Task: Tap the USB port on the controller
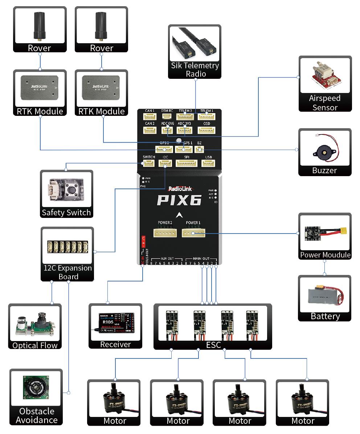point(208,163)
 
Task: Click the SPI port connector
point(187,163)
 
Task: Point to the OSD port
point(206,130)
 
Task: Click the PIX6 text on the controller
point(179,200)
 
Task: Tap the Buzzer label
point(324,170)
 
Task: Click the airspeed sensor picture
point(325,77)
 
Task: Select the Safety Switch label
point(66,212)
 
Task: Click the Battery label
point(325,316)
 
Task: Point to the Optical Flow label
point(35,345)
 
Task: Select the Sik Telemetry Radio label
point(195,70)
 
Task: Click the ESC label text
point(213,345)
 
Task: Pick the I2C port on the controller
point(165,163)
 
